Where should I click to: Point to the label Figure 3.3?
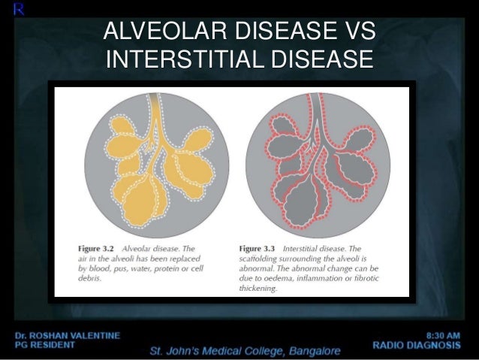click(x=259, y=249)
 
